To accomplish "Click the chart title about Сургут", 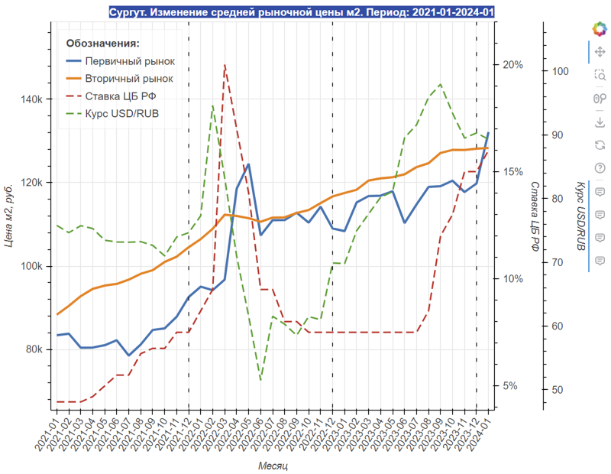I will click(302, 12).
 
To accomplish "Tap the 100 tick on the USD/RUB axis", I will click(560, 71).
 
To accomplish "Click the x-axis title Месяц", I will click(273, 465).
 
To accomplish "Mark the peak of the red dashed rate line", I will click(225, 65).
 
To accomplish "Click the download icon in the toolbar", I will click(600, 122).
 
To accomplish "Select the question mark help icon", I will click(600, 168).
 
